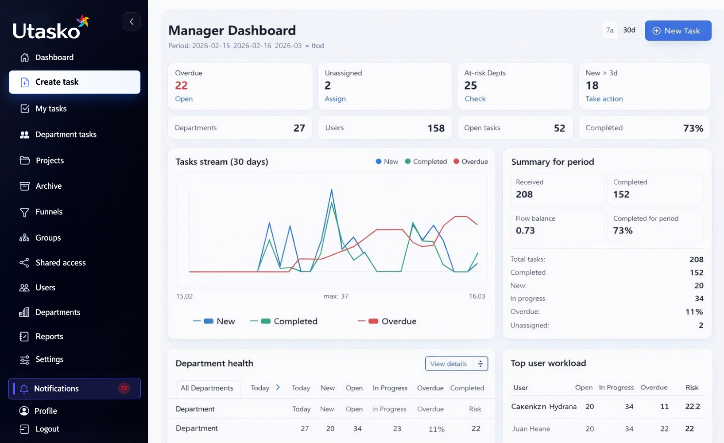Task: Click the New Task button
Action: coord(678,31)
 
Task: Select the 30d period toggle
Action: coord(629,30)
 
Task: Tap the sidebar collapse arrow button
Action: coord(132,22)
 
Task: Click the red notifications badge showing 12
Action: coord(124,388)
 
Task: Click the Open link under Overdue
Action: coord(184,99)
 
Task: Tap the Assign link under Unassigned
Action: coord(335,99)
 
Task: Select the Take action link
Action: coord(604,99)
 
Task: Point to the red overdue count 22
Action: coord(181,85)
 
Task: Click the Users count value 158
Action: coord(436,128)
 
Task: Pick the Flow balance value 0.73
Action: coord(525,230)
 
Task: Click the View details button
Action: coord(457,364)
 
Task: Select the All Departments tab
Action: coord(207,388)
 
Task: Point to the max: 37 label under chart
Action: coord(336,296)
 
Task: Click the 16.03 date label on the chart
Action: coord(477,296)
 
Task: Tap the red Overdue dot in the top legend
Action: coord(456,161)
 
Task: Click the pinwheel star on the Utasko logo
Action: coord(83,21)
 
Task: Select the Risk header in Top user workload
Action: coord(692,387)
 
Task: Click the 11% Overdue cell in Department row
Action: coord(436,429)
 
